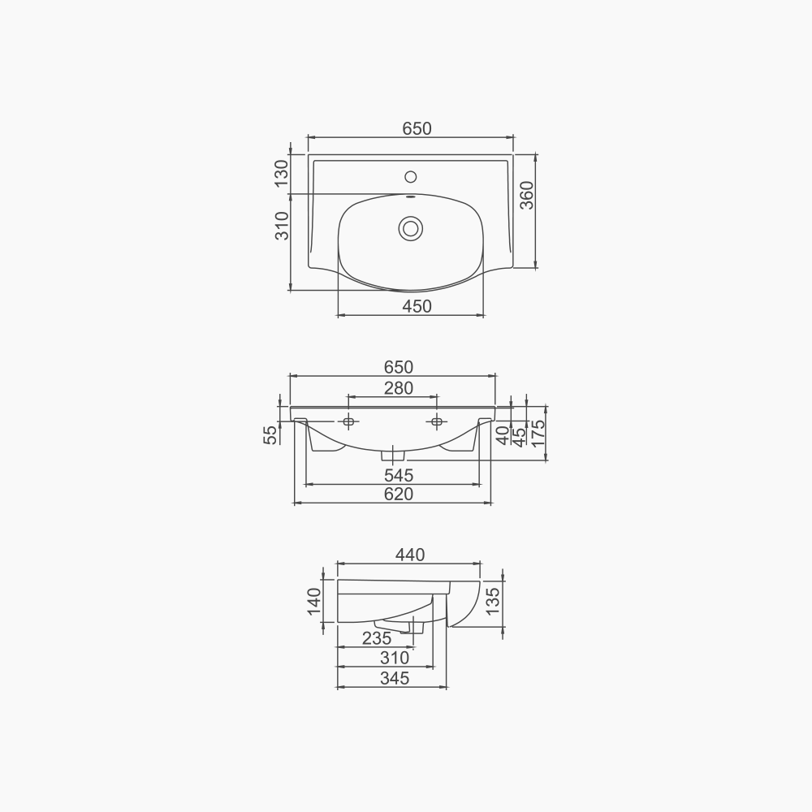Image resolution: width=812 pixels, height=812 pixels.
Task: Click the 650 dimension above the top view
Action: [417, 128]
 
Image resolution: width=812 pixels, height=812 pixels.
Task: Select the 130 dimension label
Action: [281, 174]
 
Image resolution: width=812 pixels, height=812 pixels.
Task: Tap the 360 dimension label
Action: [527, 196]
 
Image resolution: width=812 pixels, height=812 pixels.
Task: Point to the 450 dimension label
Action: [417, 306]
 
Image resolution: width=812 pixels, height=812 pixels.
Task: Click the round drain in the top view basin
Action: [410, 228]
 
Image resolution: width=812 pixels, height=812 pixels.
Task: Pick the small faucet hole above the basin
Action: [410, 176]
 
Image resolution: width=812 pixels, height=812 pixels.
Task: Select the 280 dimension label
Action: [398, 388]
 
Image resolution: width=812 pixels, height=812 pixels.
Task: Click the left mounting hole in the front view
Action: [348, 421]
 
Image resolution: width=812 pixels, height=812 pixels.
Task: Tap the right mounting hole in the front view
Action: [437, 421]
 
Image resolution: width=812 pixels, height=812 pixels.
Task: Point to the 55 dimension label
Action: [270, 434]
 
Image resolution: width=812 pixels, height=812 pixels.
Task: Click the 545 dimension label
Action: [398, 475]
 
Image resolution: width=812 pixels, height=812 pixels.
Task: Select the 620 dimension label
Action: [398, 494]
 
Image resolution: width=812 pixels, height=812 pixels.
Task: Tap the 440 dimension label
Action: [410, 555]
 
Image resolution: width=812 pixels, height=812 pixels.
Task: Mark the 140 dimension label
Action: [314, 602]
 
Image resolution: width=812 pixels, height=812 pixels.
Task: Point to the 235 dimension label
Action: [377, 638]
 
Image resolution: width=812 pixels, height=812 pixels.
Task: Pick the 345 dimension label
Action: [395, 678]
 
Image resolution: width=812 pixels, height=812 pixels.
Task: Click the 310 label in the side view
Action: [395, 658]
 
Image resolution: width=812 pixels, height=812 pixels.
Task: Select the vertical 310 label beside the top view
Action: [281, 225]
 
